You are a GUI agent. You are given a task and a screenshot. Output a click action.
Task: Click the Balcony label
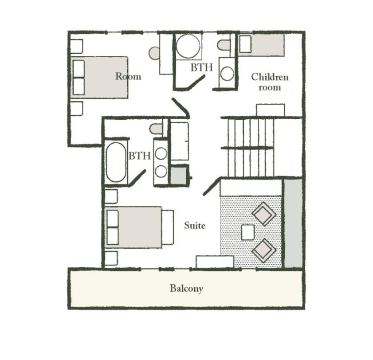[x=187, y=289]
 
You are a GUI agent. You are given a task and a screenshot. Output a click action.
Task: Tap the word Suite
[x=195, y=225]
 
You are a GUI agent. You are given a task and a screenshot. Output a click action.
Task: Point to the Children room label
[x=270, y=82]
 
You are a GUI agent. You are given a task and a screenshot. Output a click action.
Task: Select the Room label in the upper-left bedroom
[x=128, y=76]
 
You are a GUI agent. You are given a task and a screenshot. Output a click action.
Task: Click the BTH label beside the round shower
[x=202, y=67]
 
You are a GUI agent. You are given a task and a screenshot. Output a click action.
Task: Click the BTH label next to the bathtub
[x=140, y=156]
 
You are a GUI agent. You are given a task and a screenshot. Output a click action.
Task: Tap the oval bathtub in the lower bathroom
[x=116, y=162]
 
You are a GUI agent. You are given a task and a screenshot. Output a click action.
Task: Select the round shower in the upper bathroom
[x=188, y=46]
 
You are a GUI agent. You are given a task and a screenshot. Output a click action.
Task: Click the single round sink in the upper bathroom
[x=227, y=74]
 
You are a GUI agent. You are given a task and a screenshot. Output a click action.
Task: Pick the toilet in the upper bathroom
[x=224, y=45]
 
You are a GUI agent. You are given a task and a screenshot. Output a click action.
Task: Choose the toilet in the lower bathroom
[x=156, y=129]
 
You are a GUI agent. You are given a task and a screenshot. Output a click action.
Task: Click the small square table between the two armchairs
[x=247, y=232]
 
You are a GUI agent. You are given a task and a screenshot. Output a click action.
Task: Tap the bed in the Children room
[x=261, y=45]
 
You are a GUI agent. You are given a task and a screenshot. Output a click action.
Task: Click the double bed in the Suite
[x=133, y=227]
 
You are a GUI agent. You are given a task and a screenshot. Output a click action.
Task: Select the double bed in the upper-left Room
[x=99, y=78]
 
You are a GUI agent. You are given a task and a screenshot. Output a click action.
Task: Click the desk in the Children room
[x=270, y=110]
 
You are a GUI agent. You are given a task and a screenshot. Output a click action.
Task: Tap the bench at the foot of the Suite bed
[x=168, y=227]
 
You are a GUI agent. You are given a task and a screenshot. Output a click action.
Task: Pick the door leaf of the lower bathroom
[x=137, y=177]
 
